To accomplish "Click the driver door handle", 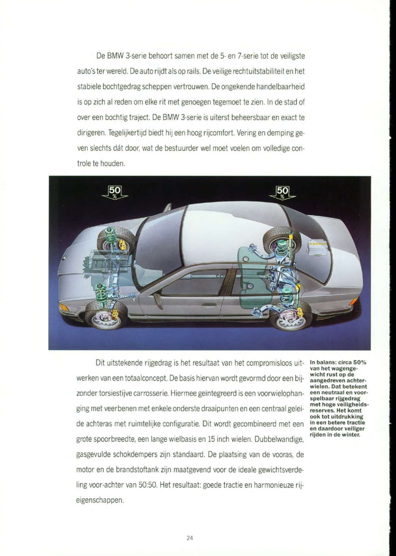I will tap(209, 304).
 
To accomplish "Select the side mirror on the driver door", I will tap(157, 299).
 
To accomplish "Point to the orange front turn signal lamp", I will tap(63, 308).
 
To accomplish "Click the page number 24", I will tap(190, 538).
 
